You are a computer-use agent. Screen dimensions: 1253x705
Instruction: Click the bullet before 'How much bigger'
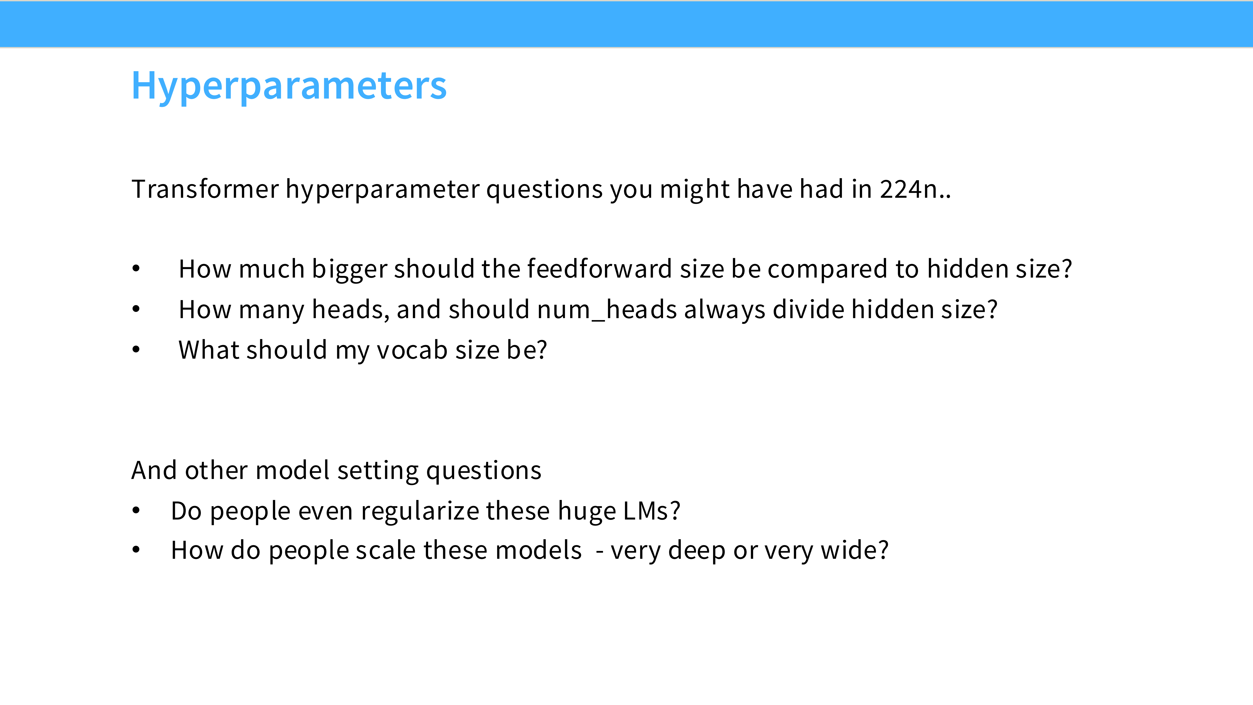coord(136,269)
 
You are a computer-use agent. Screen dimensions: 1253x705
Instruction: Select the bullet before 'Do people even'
coord(136,510)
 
